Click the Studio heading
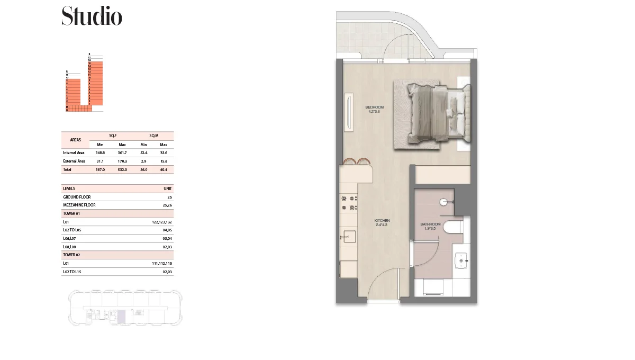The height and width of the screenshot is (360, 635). click(x=92, y=16)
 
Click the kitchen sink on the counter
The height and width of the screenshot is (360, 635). click(x=349, y=236)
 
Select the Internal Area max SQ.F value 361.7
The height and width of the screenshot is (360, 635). click(x=122, y=152)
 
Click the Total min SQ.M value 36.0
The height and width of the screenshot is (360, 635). click(x=143, y=169)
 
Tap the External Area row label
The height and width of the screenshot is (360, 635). click(x=74, y=161)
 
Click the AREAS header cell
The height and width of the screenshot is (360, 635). click(x=76, y=140)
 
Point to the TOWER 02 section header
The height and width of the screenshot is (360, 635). click(x=71, y=255)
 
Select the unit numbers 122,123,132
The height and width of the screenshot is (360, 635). click(x=162, y=222)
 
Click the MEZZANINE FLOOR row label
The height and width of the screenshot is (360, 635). click(x=79, y=205)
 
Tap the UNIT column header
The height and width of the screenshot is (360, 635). click(x=168, y=188)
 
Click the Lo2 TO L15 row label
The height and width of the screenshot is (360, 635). click(x=72, y=272)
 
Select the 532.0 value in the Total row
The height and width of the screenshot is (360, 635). click(x=122, y=169)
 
